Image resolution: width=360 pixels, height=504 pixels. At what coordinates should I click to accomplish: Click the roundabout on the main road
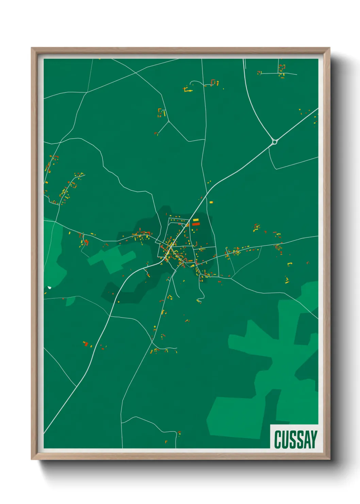point(275,141)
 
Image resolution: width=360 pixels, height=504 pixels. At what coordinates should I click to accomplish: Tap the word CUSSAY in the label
point(295,440)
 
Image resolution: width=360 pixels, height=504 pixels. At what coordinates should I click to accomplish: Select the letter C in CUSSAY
point(277,440)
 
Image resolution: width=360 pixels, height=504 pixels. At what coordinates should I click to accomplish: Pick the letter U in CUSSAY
point(285,440)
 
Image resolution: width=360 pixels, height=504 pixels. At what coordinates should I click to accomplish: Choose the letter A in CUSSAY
point(306,440)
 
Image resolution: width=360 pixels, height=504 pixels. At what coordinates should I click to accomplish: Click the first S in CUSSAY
point(292,440)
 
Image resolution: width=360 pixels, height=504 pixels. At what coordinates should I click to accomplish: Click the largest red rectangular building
point(196,224)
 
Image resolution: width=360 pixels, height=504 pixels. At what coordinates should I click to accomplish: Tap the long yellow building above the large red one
point(196,220)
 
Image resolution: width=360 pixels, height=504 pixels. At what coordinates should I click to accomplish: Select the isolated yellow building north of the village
point(211,202)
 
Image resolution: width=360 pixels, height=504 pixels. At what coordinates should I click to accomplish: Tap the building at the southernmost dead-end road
point(179,433)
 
